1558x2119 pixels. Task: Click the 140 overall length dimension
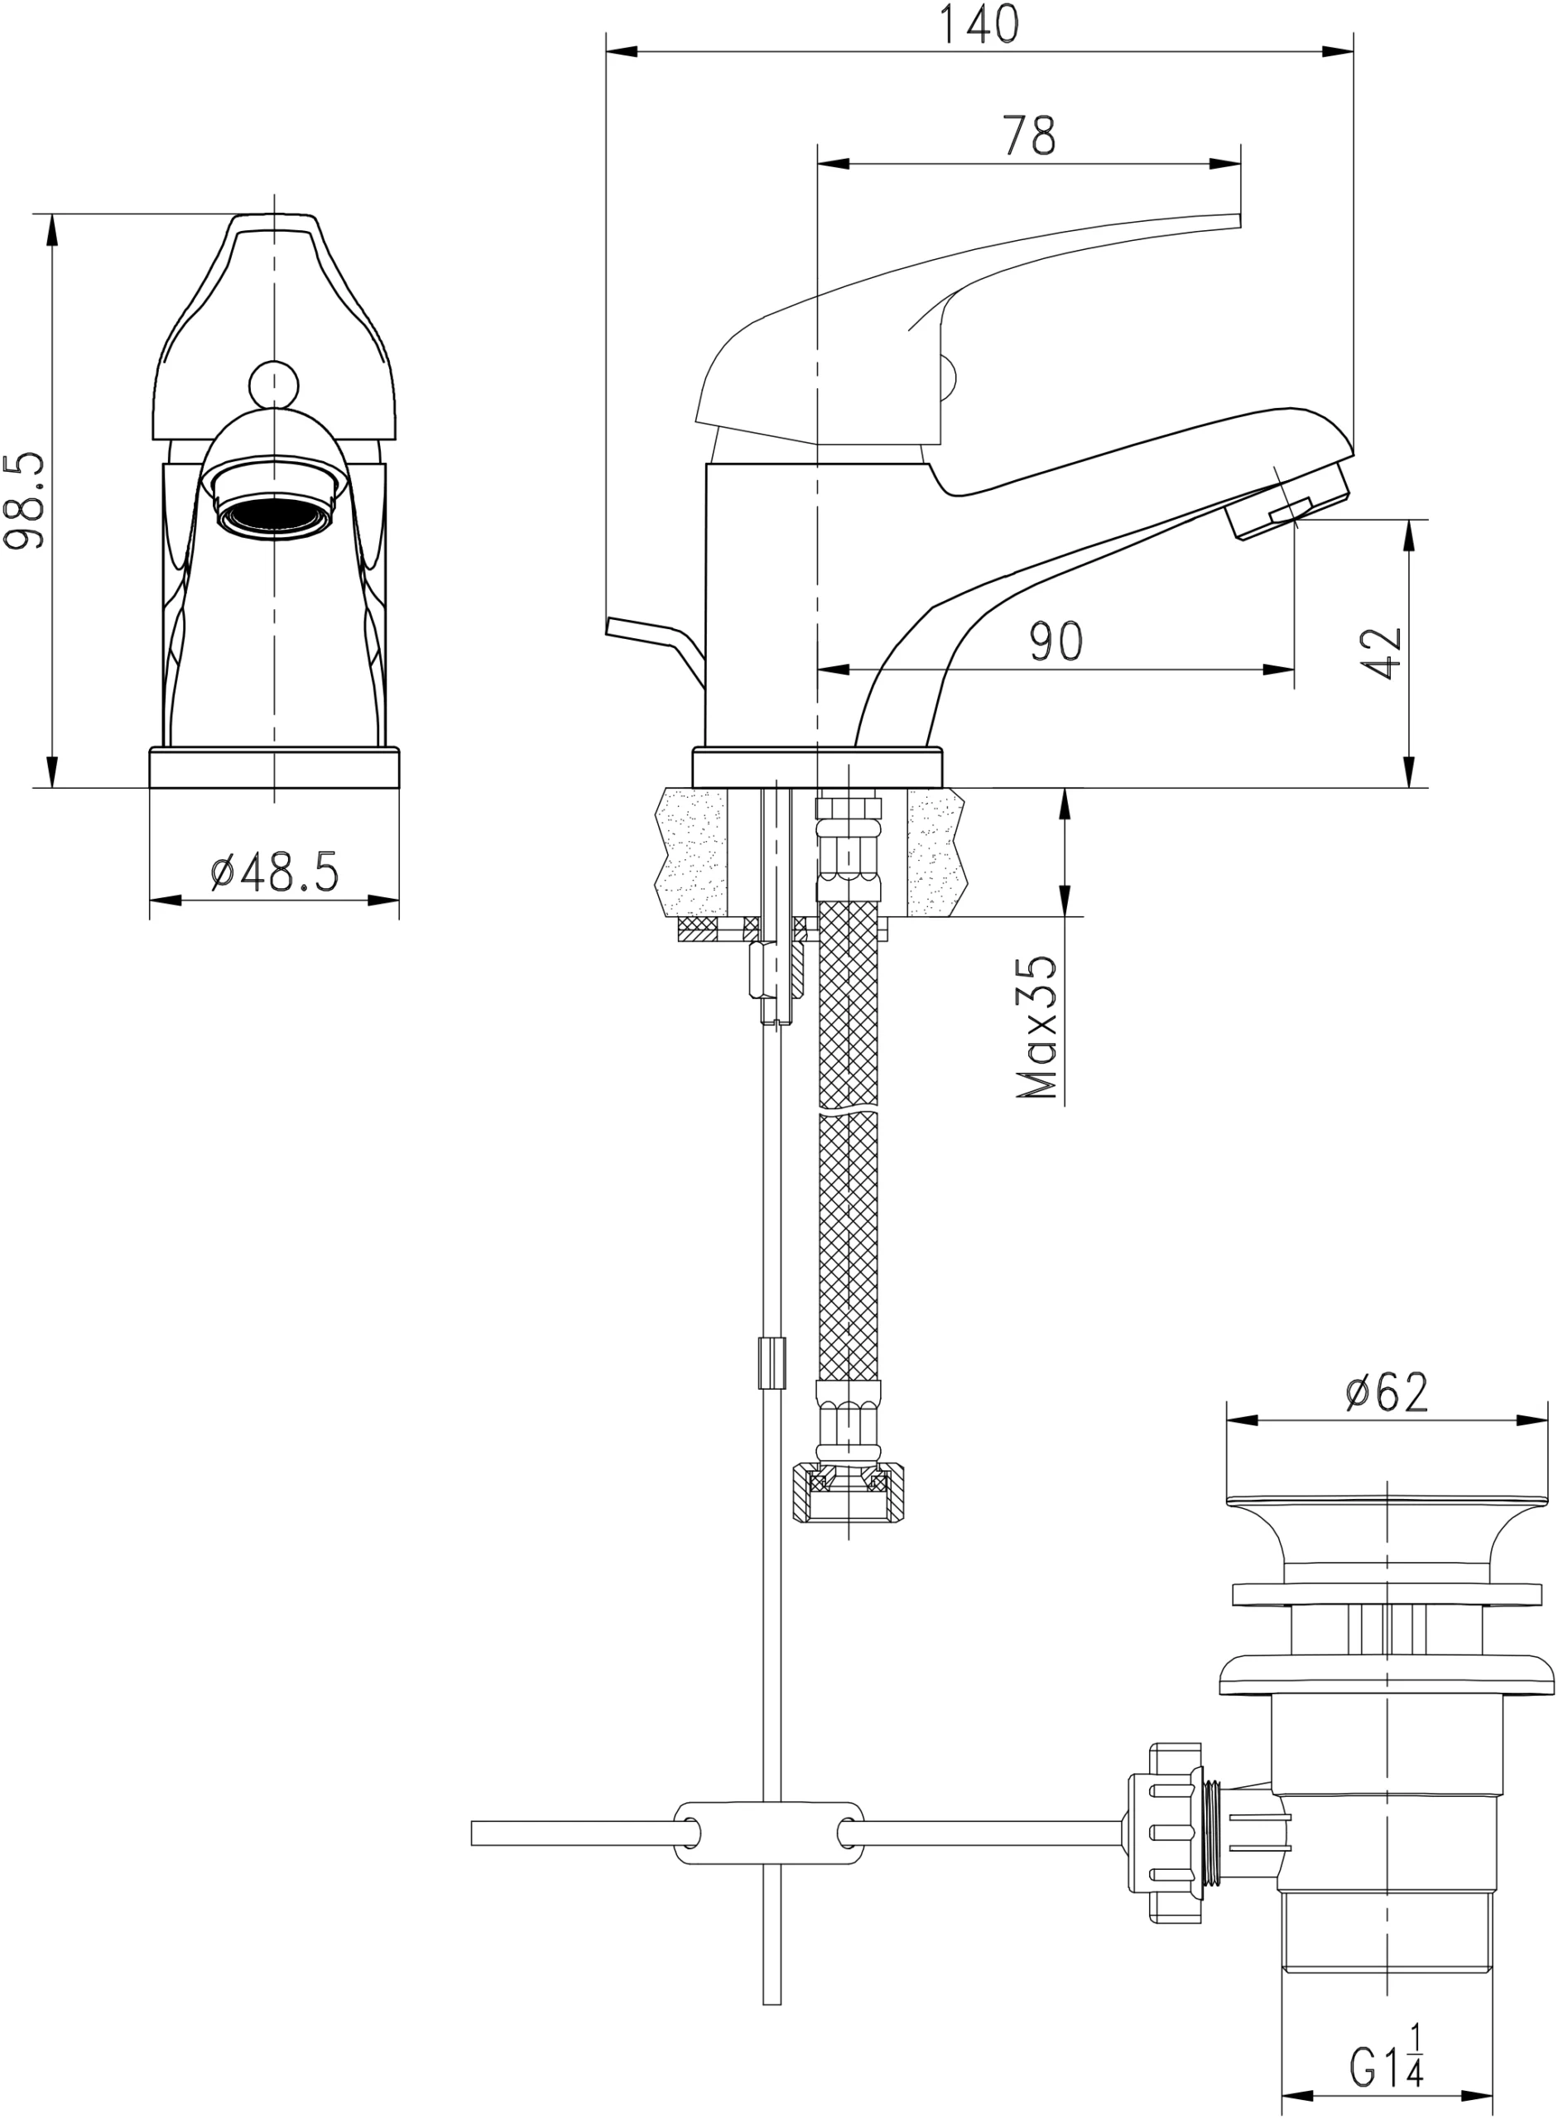(x=980, y=26)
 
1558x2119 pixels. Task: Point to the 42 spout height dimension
(x=1382, y=652)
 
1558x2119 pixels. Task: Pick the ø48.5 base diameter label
(x=273, y=873)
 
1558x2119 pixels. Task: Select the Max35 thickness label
(x=1037, y=1028)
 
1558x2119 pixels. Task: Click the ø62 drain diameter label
(x=1387, y=1393)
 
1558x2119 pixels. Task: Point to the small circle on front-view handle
(x=273, y=384)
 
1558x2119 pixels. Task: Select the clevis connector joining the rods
(x=768, y=1833)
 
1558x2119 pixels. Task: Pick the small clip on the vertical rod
(x=772, y=1362)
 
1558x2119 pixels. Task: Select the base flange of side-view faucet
(x=818, y=766)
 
